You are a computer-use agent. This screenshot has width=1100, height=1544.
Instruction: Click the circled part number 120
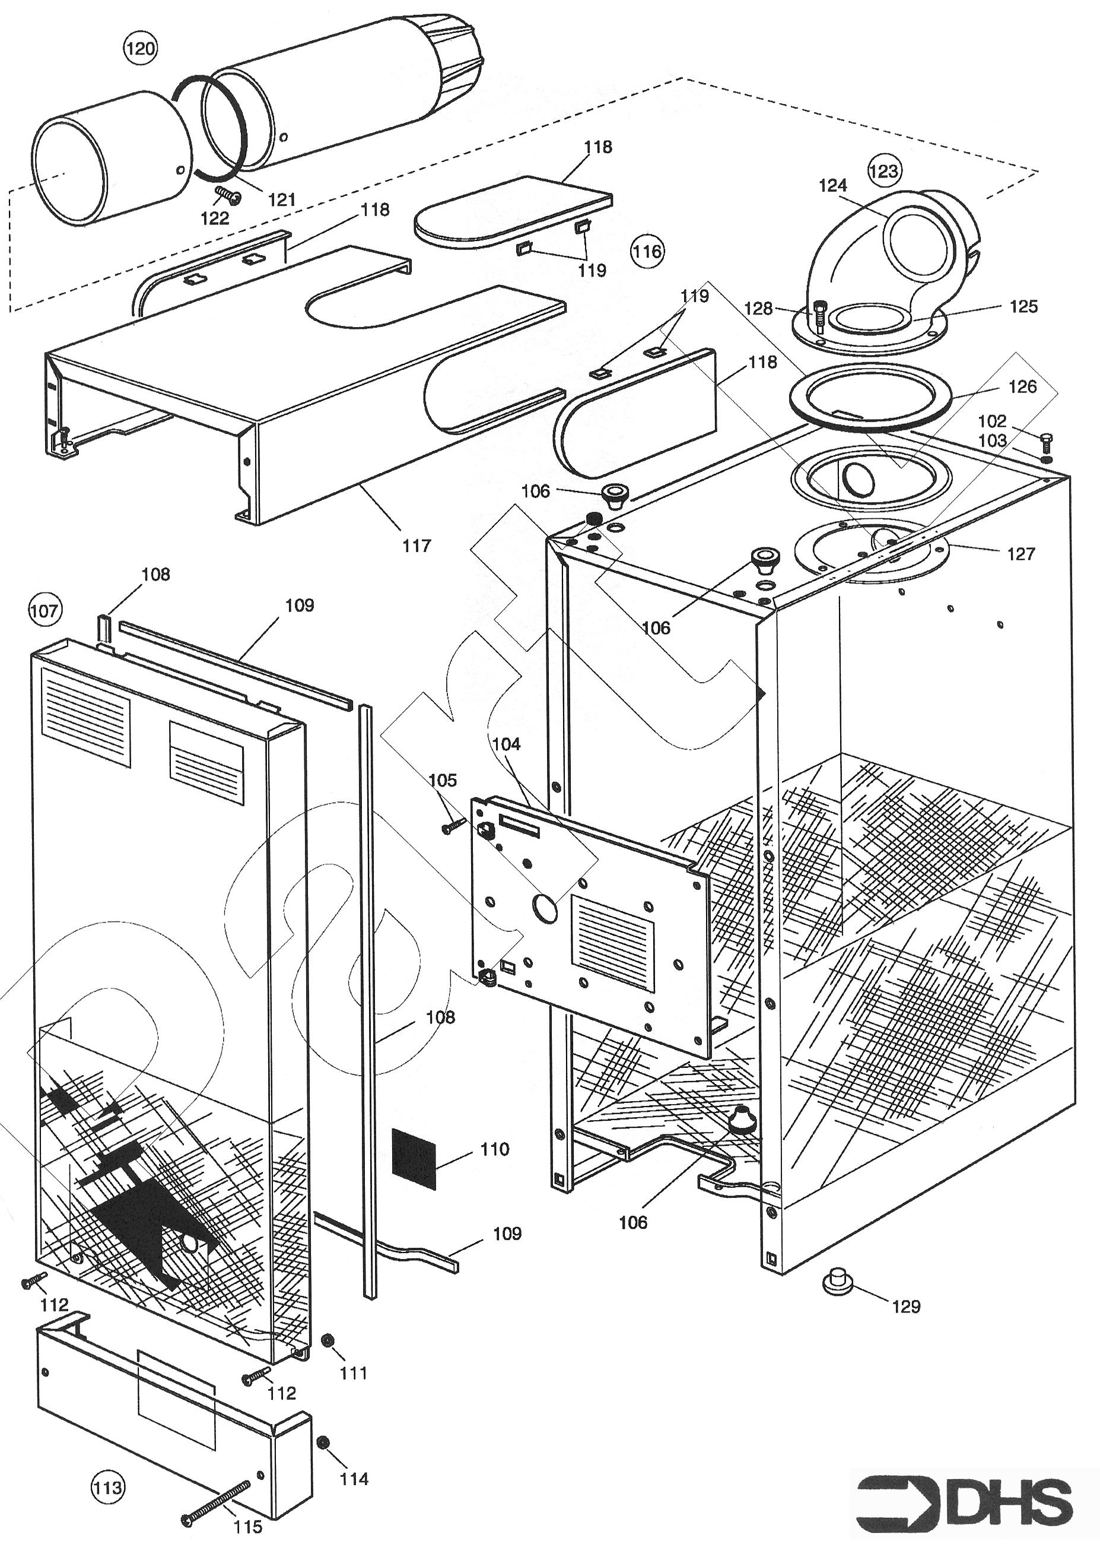(x=140, y=48)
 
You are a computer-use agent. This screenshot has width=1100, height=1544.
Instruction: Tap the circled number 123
(x=884, y=171)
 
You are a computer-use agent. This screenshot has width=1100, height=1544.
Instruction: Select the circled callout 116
(x=647, y=251)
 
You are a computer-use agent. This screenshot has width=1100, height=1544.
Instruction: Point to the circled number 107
(x=44, y=610)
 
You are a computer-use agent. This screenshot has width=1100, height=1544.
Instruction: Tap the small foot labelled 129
(x=838, y=1282)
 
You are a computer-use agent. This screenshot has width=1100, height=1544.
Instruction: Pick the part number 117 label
(x=416, y=546)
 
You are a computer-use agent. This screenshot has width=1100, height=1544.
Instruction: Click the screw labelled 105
(x=454, y=826)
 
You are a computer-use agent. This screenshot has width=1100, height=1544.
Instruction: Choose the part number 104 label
(x=506, y=744)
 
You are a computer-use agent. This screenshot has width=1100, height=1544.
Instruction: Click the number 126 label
(x=1022, y=386)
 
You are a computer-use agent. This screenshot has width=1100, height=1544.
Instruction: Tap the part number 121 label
(x=282, y=199)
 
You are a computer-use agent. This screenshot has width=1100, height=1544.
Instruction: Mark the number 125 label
(x=1023, y=306)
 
